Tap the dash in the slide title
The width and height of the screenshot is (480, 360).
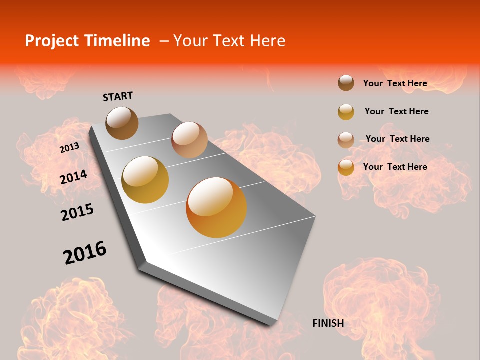point(163,41)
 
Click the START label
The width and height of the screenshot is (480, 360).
point(118,96)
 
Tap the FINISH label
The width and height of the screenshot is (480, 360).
point(328,323)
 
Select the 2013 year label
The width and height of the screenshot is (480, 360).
point(69,148)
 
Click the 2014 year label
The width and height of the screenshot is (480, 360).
point(73,177)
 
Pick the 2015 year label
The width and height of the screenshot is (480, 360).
point(77,212)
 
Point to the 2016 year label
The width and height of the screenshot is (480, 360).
point(85,253)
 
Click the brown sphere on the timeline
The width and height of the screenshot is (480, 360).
point(122,123)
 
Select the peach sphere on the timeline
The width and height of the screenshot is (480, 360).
point(189,140)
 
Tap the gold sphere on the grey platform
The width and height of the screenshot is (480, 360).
point(145,180)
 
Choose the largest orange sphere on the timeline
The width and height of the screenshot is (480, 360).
point(216,207)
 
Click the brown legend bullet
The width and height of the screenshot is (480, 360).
point(346,83)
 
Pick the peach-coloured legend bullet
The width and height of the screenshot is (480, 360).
point(346,140)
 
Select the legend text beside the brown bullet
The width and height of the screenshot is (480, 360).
point(395,83)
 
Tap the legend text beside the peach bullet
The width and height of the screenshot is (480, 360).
point(397,139)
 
